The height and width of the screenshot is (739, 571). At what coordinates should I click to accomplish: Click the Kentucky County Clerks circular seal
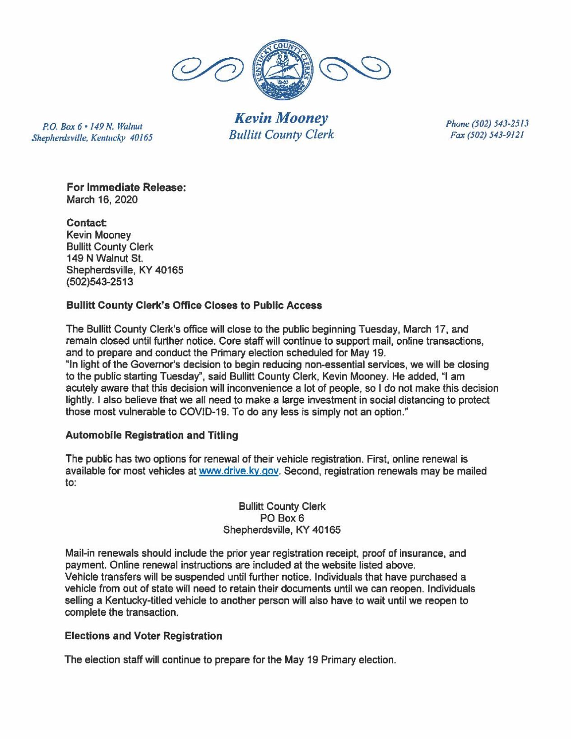281,69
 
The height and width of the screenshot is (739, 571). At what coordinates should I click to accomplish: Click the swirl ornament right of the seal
355,70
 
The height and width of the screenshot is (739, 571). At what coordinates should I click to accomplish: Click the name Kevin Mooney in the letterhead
281,118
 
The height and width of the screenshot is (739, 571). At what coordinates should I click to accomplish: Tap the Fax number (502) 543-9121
487,135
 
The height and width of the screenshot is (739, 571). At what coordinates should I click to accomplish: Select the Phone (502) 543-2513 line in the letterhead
487,123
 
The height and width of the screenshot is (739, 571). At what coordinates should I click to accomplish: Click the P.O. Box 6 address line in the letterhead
92,126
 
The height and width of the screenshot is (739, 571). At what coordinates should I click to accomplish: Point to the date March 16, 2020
102,199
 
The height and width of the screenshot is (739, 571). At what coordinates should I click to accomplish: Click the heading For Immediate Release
126,187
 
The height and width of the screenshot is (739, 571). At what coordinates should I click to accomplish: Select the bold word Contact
86,223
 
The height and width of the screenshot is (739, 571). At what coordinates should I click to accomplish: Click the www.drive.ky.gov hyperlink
239,471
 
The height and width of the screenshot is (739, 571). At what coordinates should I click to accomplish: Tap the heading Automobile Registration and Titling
152,435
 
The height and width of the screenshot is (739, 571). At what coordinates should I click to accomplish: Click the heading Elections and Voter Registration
144,636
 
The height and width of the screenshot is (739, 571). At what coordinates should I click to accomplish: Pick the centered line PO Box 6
282,518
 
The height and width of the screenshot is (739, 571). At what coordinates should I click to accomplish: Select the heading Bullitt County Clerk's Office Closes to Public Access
194,305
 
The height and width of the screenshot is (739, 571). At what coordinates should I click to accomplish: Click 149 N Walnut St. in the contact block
105,259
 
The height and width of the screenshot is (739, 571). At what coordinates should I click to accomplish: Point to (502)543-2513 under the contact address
100,282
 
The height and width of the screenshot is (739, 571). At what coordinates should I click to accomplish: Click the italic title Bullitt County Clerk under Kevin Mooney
281,134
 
